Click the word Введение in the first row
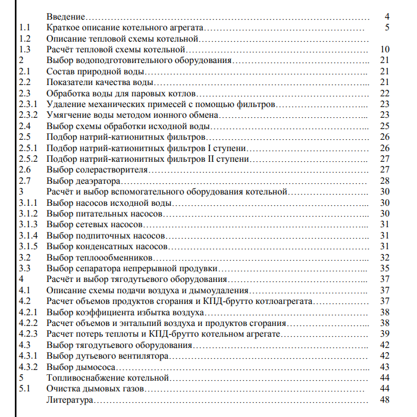pyautogui.click(x=65, y=17)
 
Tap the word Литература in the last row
pyautogui.click(x=70, y=400)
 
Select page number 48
pyautogui.click(x=384, y=400)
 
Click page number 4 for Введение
pyautogui.click(x=387, y=17)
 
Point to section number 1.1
pyautogui.click(x=24, y=27)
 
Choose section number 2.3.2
pyautogui.click(x=28, y=115)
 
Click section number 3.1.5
pyautogui.click(x=28, y=246)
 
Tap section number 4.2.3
pyautogui.click(x=28, y=334)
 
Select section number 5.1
pyautogui.click(x=24, y=388)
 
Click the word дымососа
pyautogui.click(x=94, y=367)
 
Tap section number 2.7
pyautogui.click(x=24, y=181)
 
